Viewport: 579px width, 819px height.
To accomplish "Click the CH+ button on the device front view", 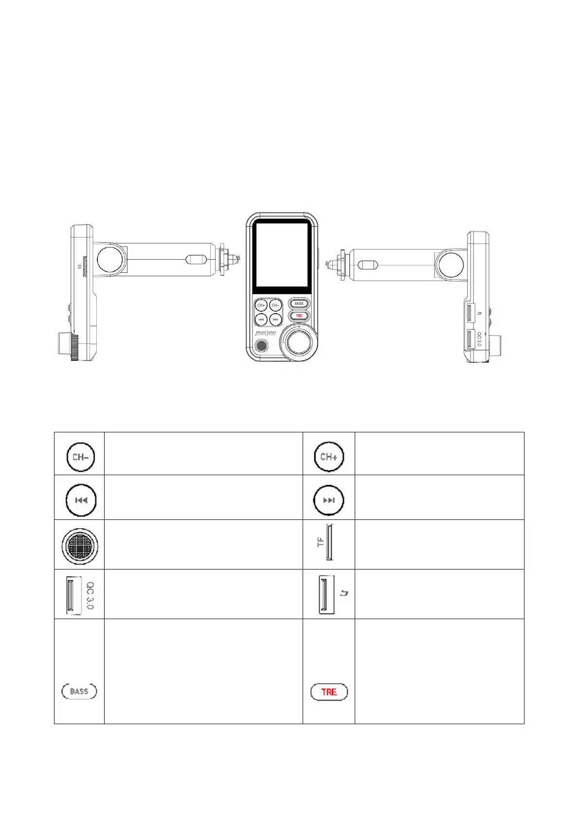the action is pyautogui.click(x=261, y=305).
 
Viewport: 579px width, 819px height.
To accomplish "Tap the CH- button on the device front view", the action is pyautogui.click(x=275, y=305).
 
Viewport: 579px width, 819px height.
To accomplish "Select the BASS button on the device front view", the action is pyautogui.click(x=299, y=303).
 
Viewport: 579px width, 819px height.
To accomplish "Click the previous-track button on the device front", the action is pyautogui.click(x=261, y=320).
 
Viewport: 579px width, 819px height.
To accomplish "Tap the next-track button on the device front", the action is pyautogui.click(x=275, y=320).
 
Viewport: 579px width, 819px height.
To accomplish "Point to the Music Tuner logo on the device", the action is pyautogui.click(x=266, y=333).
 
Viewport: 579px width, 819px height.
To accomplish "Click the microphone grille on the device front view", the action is pyautogui.click(x=262, y=346).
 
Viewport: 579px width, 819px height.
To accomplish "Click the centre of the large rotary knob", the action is pyautogui.click(x=299, y=342).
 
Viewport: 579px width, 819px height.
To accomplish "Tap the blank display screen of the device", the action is pyautogui.click(x=282, y=255).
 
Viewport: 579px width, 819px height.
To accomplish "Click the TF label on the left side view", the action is pyautogui.click(x=80, y=267).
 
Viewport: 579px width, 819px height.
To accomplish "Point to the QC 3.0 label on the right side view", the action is pyautogui.click(x=479, y=339).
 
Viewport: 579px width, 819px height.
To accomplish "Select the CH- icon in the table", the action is pyautogui.click(x=80, y=457).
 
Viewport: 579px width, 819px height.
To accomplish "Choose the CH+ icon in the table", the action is pyautogui.click(x=329, y=457).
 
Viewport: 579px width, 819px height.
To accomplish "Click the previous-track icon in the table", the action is pyautogui.click(x=81, y=500).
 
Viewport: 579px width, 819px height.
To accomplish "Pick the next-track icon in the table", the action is pyautogui.click(x=329, y=500).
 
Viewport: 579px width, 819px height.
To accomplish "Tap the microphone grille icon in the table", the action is pyautogui.click(x=80, y=546).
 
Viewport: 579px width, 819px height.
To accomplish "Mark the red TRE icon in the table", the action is pyautogui.click(x=329, y=692).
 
